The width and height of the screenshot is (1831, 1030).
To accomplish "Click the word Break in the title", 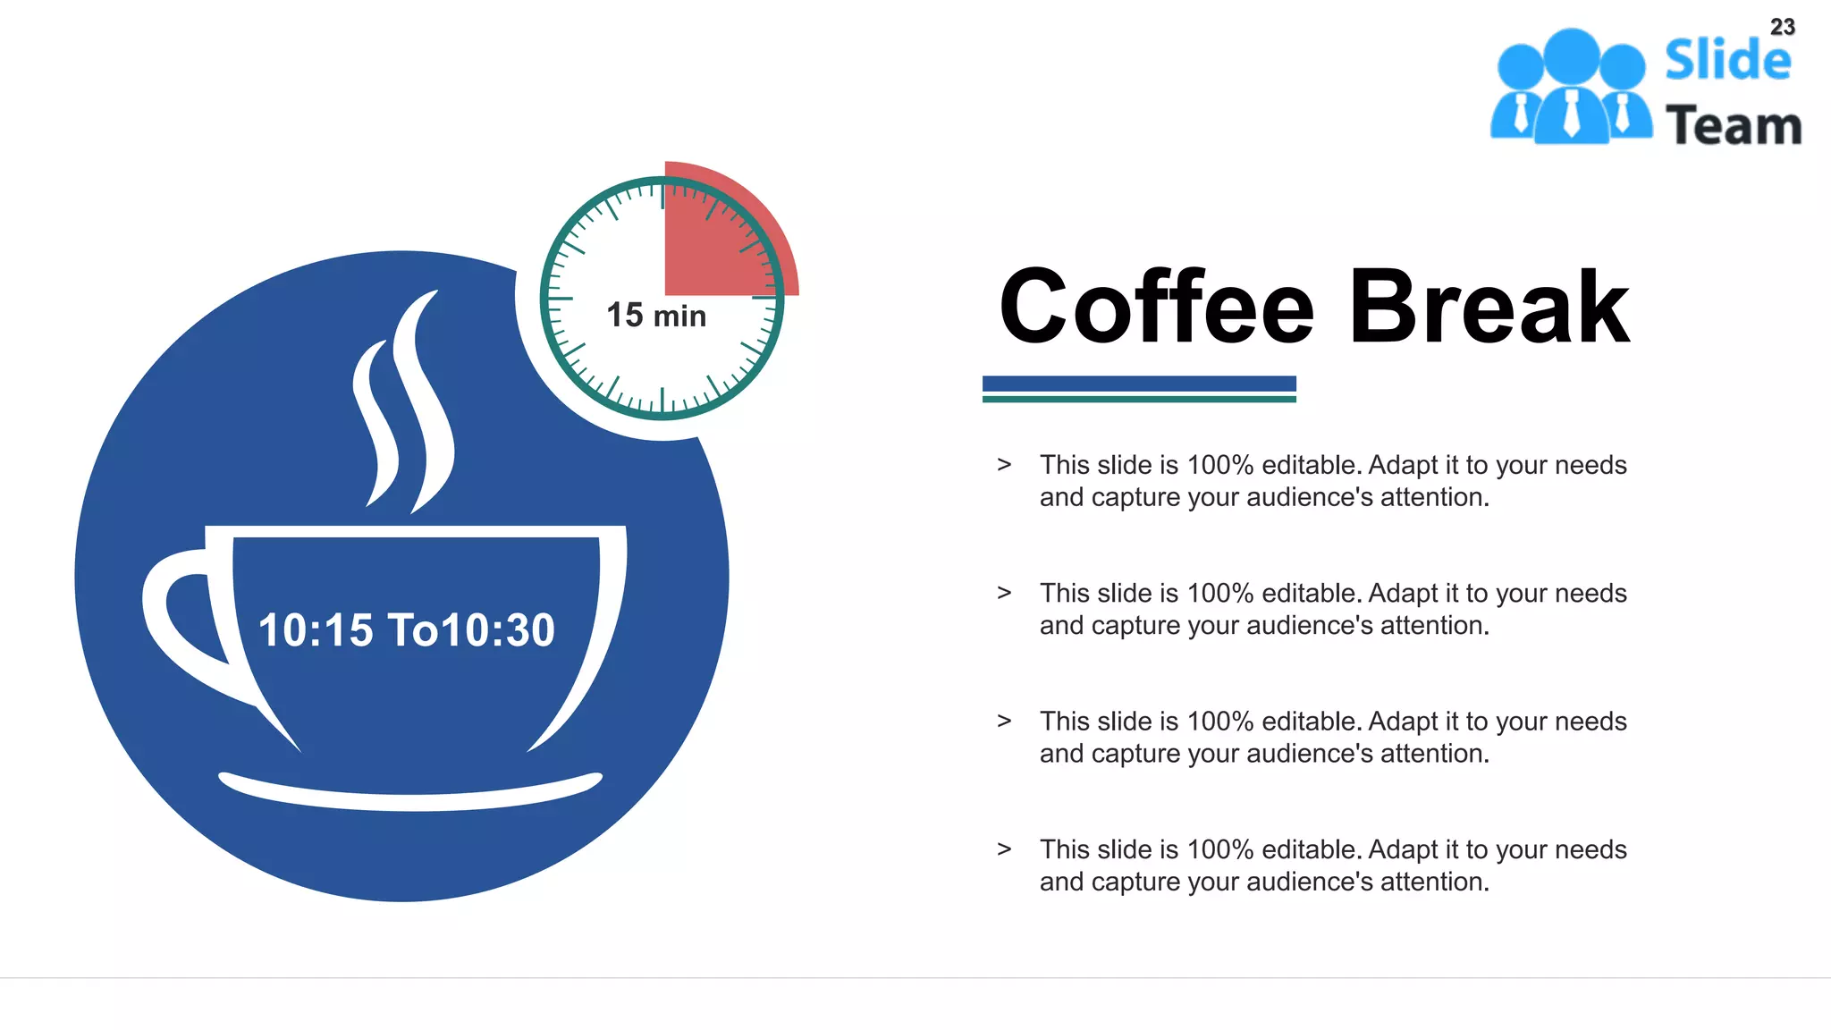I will coord(1489,308).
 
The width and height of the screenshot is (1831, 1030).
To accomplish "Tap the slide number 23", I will coord(1782,27).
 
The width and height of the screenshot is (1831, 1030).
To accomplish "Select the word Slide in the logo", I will coord(1727,61).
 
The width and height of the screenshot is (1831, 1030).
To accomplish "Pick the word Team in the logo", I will coord(1734,125).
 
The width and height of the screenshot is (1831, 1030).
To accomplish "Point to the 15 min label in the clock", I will coord(656,316).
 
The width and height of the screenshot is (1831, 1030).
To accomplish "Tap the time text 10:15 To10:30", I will coord(407,630).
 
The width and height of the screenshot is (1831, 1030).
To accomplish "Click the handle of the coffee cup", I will coord(179,617).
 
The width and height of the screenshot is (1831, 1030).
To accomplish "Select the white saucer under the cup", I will coord(409,792).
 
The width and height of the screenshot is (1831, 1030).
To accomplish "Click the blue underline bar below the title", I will coord(1139,384).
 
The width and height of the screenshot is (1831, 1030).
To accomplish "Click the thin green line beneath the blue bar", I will coord(1139,399).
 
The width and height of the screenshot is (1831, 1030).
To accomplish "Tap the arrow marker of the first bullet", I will coord(1004,465).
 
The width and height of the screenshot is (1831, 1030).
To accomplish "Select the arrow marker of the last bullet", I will coord(1004,849).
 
